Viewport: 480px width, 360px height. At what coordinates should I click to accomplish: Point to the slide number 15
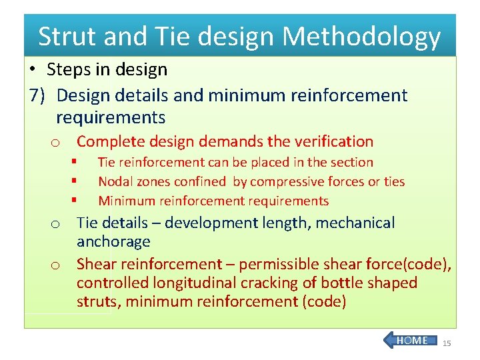click(447, 343)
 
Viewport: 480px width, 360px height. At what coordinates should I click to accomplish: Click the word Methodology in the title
click(362, 37)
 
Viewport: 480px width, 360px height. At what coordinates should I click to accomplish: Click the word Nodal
click(115, 181)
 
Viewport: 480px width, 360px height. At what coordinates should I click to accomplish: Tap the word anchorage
click(113, 241)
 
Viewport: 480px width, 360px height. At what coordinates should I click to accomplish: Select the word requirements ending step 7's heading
click(111, 118)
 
